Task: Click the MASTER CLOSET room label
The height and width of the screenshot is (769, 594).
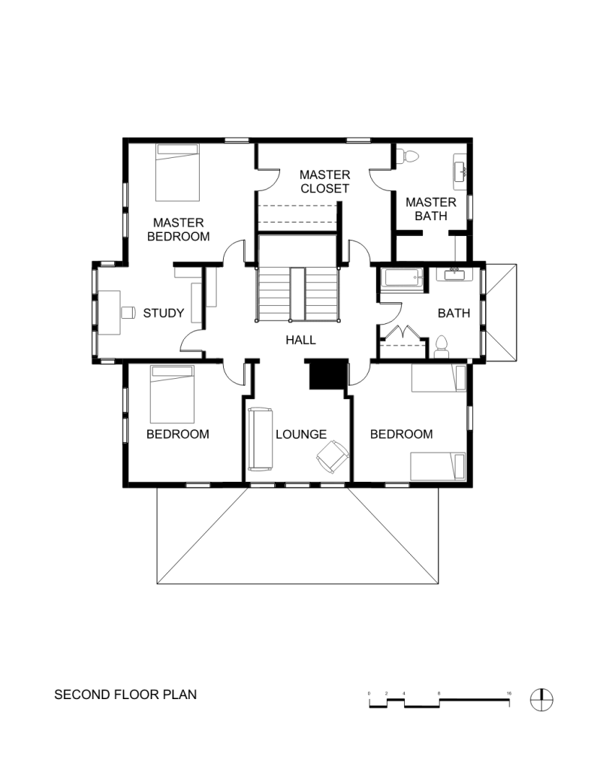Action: click(325, 181)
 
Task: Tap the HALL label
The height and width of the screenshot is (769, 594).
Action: click(301, 340)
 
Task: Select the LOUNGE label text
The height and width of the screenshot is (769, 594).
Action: click(301, 434)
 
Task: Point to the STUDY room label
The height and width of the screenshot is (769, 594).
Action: click(164, 313)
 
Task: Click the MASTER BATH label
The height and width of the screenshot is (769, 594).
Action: click(431, 209)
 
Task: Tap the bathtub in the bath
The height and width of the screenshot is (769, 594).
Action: click(403, 278)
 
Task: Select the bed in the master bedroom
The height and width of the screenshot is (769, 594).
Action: click(177, 172)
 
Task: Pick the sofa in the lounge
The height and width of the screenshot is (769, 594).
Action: click(261, 439)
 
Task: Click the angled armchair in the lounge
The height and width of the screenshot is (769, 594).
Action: click(332, 456)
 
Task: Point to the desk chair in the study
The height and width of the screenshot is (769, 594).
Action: click(128, 313)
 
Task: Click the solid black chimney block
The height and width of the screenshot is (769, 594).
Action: click(327, 375)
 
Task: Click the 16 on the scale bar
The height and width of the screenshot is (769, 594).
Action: click(509, 694)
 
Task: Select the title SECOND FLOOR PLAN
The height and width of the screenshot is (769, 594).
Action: click(125, 695)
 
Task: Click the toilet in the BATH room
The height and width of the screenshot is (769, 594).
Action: click(442, 347)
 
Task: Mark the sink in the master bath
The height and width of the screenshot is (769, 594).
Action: click(461, 171)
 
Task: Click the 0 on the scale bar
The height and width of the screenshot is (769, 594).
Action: click(369, 694)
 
